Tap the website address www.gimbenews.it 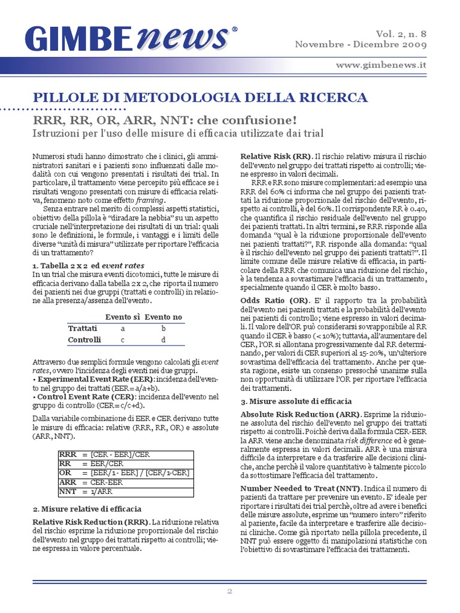[x=381, y=64]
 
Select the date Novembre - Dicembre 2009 [x=361, y=45]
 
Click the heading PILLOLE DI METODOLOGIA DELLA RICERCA [x=200, y=97]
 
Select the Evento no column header [x=163, y=317]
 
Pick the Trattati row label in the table [x=82, y=328]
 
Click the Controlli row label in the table [x=84, y=339]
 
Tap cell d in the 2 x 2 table [x=163, y=339]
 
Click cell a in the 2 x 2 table [x=123, y=328]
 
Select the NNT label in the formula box [x=68, y=492]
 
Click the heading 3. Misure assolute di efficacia [x=296, y=401]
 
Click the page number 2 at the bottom [x=229, y=591]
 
